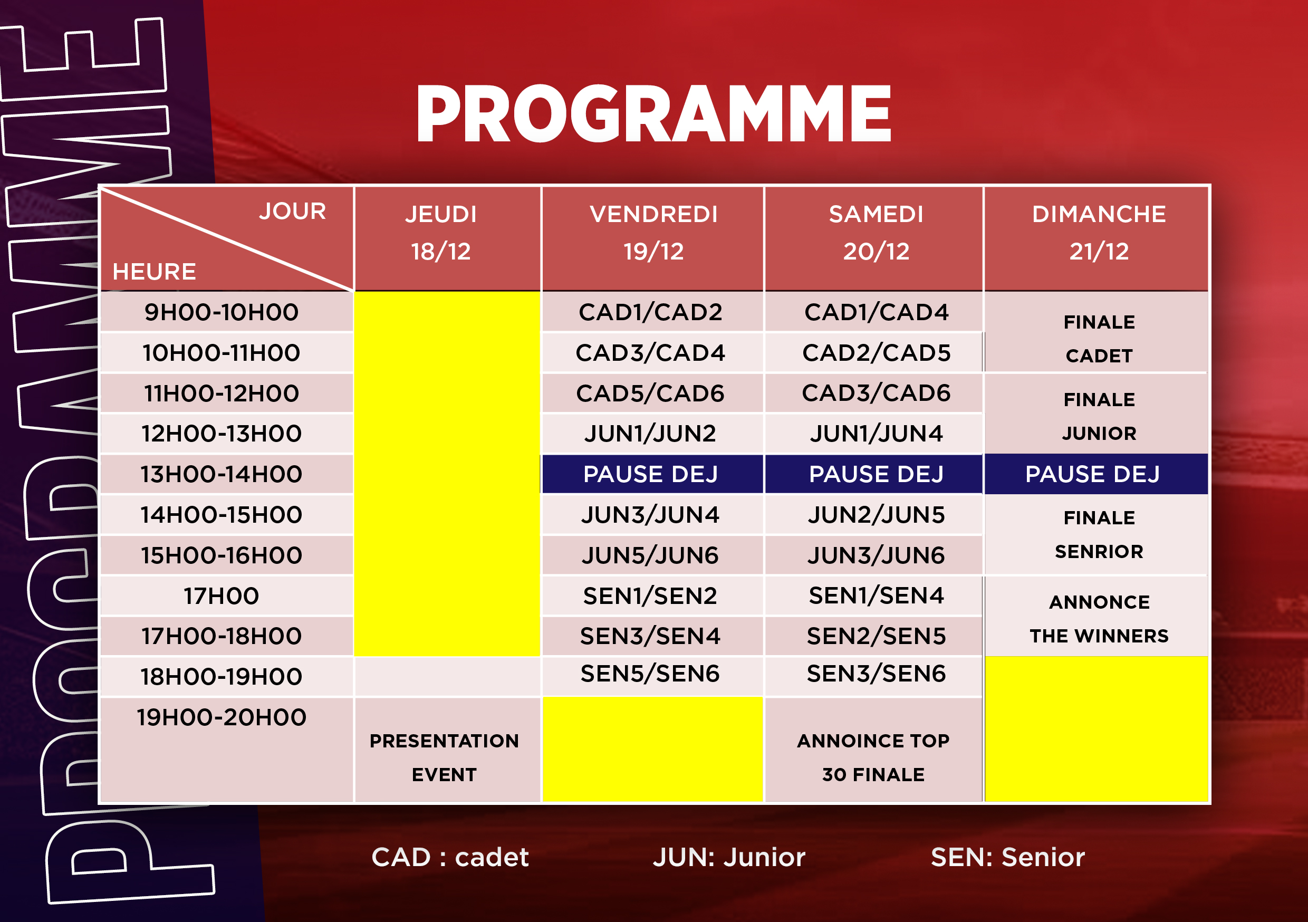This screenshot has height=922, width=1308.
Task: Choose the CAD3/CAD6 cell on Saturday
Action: [x=876, y=393]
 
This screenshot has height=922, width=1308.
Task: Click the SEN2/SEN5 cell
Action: [x=876, y=637]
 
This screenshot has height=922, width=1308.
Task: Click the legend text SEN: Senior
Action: [x=1008, y=857]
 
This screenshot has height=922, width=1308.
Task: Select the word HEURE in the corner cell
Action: [x=155, y=272]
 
